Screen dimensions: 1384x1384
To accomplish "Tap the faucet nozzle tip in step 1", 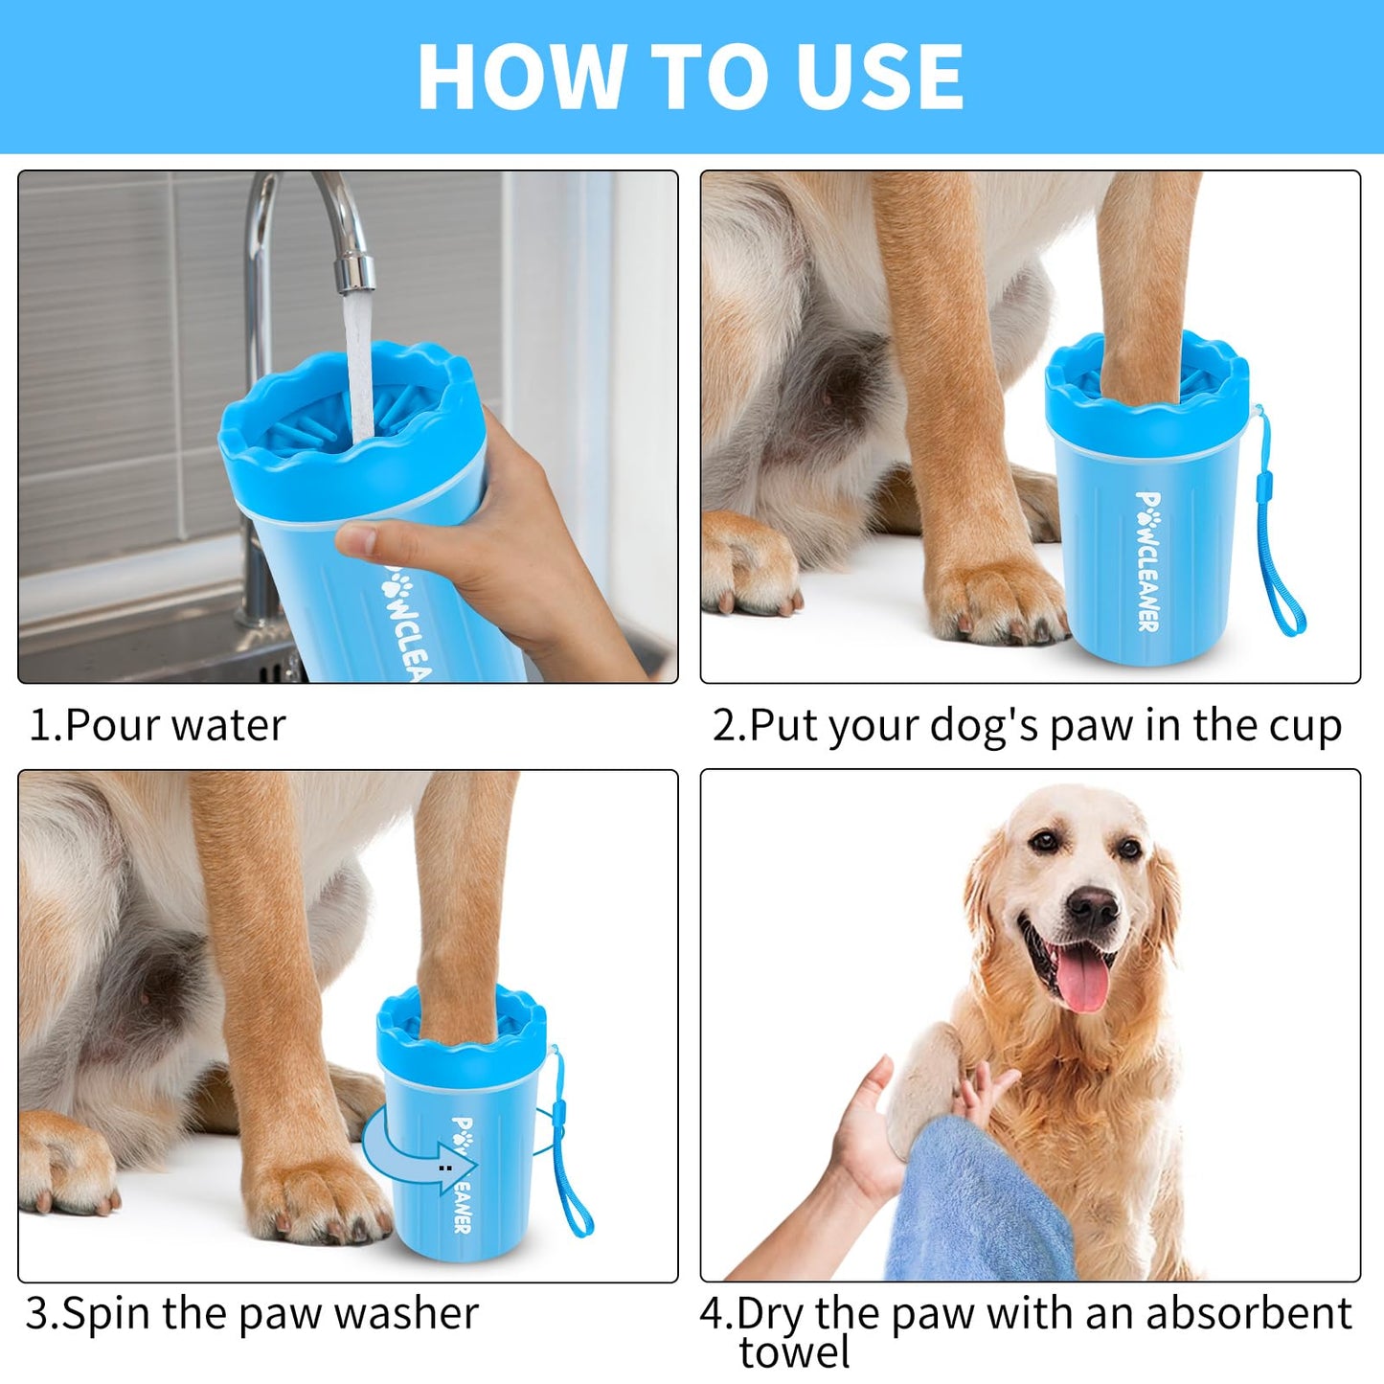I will coord(355,273).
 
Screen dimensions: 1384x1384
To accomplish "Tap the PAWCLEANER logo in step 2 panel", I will coord(1148,561).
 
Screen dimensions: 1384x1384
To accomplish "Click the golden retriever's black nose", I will coord(1093,905).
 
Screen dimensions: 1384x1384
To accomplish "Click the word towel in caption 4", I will coord(794,1352).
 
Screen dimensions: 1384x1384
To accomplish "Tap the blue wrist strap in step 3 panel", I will coord(571,1178).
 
